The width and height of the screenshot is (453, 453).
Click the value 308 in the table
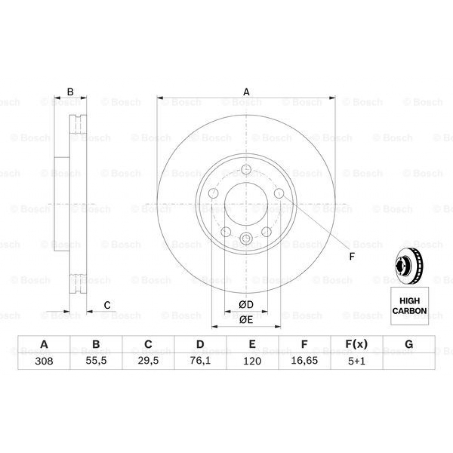coord(44,361)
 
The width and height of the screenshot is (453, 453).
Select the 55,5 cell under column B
coord(96,361)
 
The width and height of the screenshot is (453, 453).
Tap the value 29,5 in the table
coord(148,361)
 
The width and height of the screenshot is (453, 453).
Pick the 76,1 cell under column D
coord(200,361)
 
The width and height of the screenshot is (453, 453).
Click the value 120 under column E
coord(252,361)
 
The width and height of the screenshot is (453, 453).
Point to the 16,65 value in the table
coord(304,361)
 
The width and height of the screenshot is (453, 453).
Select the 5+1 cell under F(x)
coord(356,361)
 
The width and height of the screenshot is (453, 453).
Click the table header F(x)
coord(356,345)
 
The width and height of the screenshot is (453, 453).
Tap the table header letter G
coord(409,345)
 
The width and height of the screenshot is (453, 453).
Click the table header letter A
coord(44,345)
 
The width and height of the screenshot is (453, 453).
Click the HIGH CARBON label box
coord(410,306)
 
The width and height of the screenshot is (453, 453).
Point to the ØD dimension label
coord(246,305)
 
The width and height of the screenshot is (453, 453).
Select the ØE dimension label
coord(246,320)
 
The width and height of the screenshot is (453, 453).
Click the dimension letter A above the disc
coord(246,92)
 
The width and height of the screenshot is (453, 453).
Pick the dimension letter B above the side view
coord(70,92)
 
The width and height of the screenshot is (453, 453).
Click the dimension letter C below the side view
coord(107,305)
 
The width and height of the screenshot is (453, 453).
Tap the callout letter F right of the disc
coord(352,257)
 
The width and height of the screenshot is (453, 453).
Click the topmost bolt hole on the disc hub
coord(246,169)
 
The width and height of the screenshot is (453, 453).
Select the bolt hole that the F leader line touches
coord(279,193)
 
